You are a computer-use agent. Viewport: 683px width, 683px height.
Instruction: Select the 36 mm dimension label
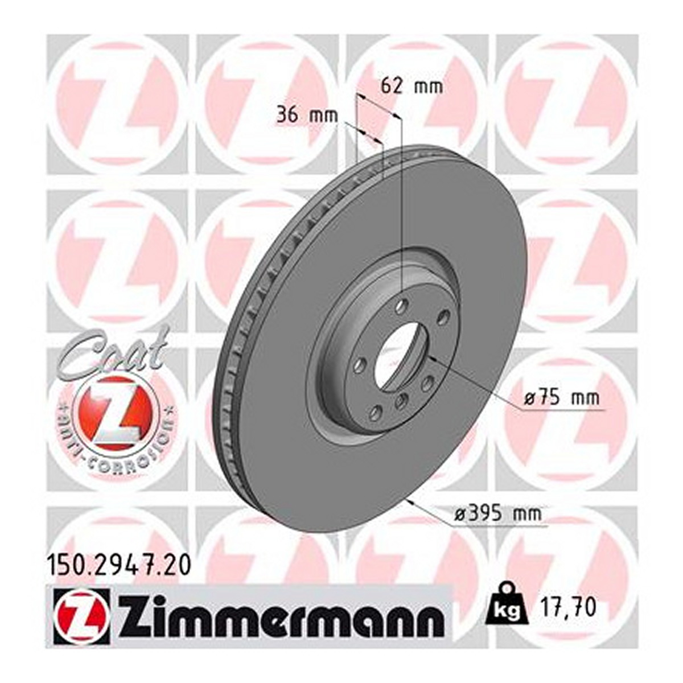[x=307, y=116]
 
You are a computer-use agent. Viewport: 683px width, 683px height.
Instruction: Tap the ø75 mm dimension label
[x=562, y=398]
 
